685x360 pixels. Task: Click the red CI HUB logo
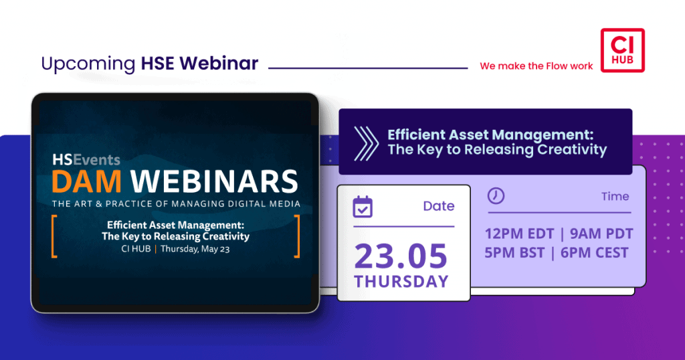click(623, 50)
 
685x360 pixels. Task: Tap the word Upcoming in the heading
click(88, 64)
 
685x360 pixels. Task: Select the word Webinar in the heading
click(219, 63)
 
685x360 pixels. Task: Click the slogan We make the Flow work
click(536, 66)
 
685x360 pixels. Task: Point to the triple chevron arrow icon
click(366, 144)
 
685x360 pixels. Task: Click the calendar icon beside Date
click(363, 207)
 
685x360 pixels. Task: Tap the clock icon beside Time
click(496, 196)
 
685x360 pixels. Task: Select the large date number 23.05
click(401, 256)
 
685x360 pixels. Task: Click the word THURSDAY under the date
click(401, 281)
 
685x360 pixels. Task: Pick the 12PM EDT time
click(519, 234)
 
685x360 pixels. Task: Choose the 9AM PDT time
click(601, 234)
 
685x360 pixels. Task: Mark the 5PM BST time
click(514, 252)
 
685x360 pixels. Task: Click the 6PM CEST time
click(595, 252)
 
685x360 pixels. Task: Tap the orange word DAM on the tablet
click(86, 181)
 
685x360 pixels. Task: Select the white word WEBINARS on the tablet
click(214, 181)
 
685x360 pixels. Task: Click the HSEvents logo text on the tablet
click(86, 160)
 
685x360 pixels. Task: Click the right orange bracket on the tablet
click(297, 236)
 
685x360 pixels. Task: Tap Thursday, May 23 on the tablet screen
click(195, 249)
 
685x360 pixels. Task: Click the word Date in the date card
click(439, 206)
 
